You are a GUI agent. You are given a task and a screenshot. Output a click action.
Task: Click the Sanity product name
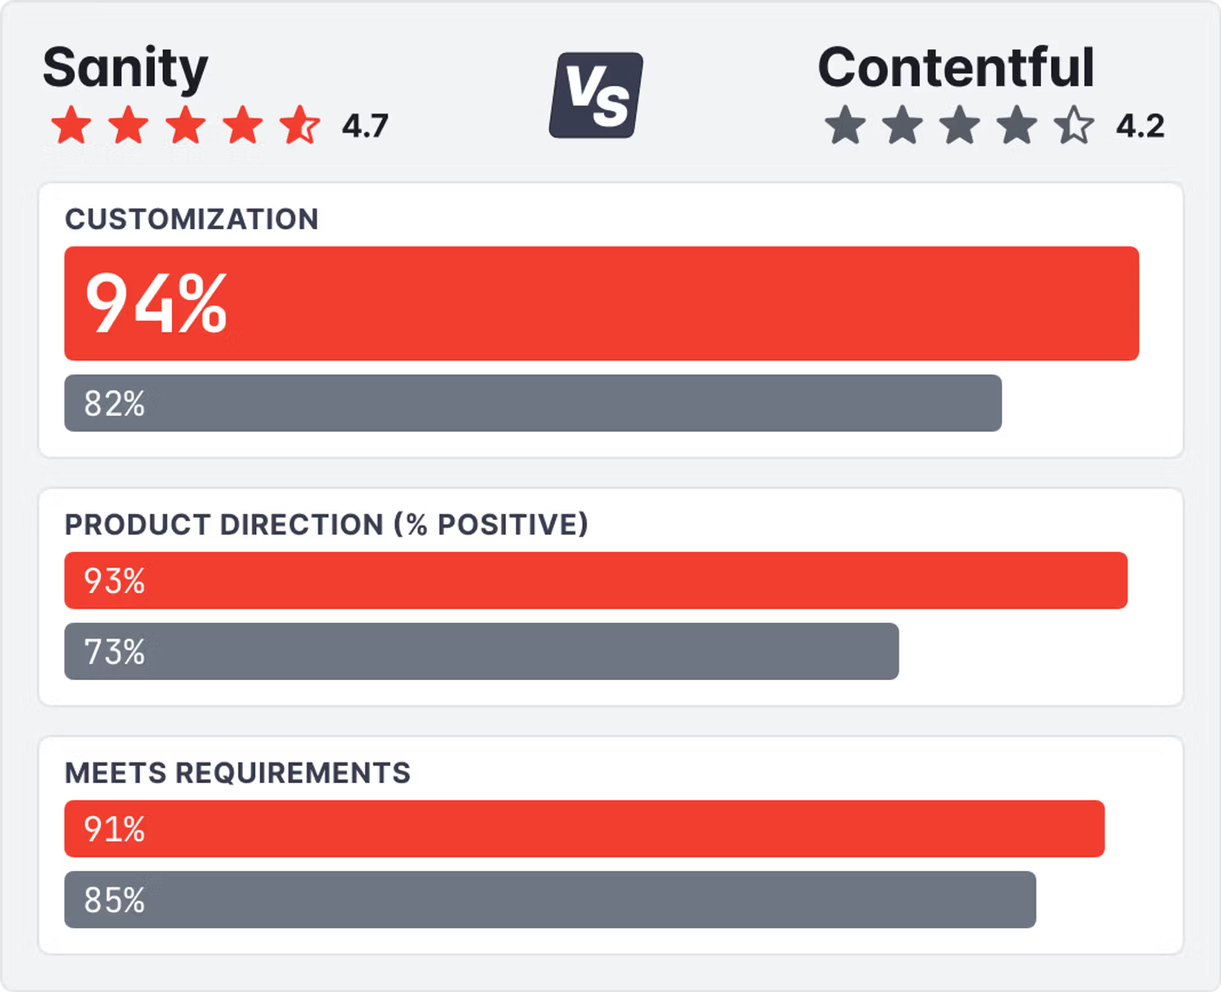125,68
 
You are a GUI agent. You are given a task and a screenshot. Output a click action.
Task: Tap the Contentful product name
956,68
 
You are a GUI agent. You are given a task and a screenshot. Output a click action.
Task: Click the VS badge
596,95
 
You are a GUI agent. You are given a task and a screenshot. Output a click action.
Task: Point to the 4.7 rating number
365,126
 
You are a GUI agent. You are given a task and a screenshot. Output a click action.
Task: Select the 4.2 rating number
1140,126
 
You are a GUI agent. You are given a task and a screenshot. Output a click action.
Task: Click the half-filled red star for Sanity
300,125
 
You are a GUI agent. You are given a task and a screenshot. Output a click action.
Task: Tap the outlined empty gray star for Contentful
1074,125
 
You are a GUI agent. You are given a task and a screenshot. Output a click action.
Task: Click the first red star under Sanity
71,125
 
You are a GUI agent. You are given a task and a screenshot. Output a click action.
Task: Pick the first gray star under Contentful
845,125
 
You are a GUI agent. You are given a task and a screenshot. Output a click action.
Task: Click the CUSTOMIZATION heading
191,220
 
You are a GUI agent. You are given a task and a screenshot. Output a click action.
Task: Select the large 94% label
156,303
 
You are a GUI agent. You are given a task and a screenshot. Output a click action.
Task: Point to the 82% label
114,403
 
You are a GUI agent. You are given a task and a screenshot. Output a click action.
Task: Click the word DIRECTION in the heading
301,525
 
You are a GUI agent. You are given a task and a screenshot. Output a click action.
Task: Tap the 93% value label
114,581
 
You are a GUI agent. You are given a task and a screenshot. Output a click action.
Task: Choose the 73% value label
114,652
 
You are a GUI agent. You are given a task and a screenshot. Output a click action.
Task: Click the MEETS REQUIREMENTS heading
238,773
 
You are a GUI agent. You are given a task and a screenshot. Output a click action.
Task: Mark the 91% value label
114,829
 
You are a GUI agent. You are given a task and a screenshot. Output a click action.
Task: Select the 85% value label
114,900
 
